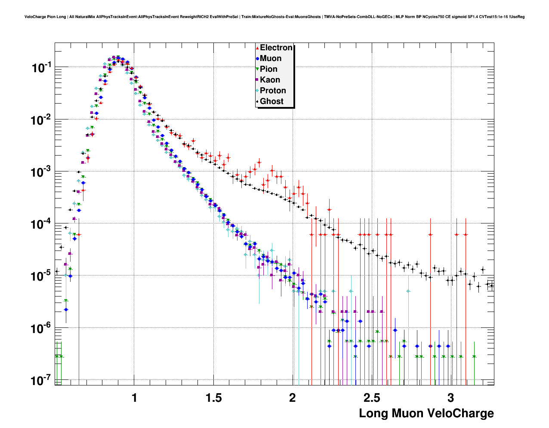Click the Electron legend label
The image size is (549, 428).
coord(276,48)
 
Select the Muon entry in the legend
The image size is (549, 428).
coord(271,58)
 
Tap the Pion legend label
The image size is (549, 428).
coord(268,69)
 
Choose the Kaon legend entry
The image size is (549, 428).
coord(270,80)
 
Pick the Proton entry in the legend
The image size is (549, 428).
coord(273,91)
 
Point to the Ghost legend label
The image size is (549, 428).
coord(271,101)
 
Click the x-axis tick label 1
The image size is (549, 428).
coord(134,398)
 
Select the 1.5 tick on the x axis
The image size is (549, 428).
coord(213,398)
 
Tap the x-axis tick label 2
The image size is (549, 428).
coord(293,398)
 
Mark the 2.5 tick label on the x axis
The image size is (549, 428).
coord(372,398)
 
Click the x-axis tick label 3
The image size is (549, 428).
coord(450,398)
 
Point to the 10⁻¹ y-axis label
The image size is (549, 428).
coord(41,67)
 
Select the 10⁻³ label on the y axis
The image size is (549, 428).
coord(41,172)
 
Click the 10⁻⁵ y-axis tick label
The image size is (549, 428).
coord(41,276)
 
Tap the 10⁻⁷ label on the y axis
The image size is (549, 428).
coord(41,381)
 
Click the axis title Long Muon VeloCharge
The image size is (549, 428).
coord(426,414)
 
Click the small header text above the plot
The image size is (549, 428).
coord(274,17)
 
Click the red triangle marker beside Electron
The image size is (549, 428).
coord(257,48)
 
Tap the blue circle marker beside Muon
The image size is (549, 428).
coord(257,58)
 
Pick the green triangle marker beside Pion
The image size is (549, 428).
coord(257,69)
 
